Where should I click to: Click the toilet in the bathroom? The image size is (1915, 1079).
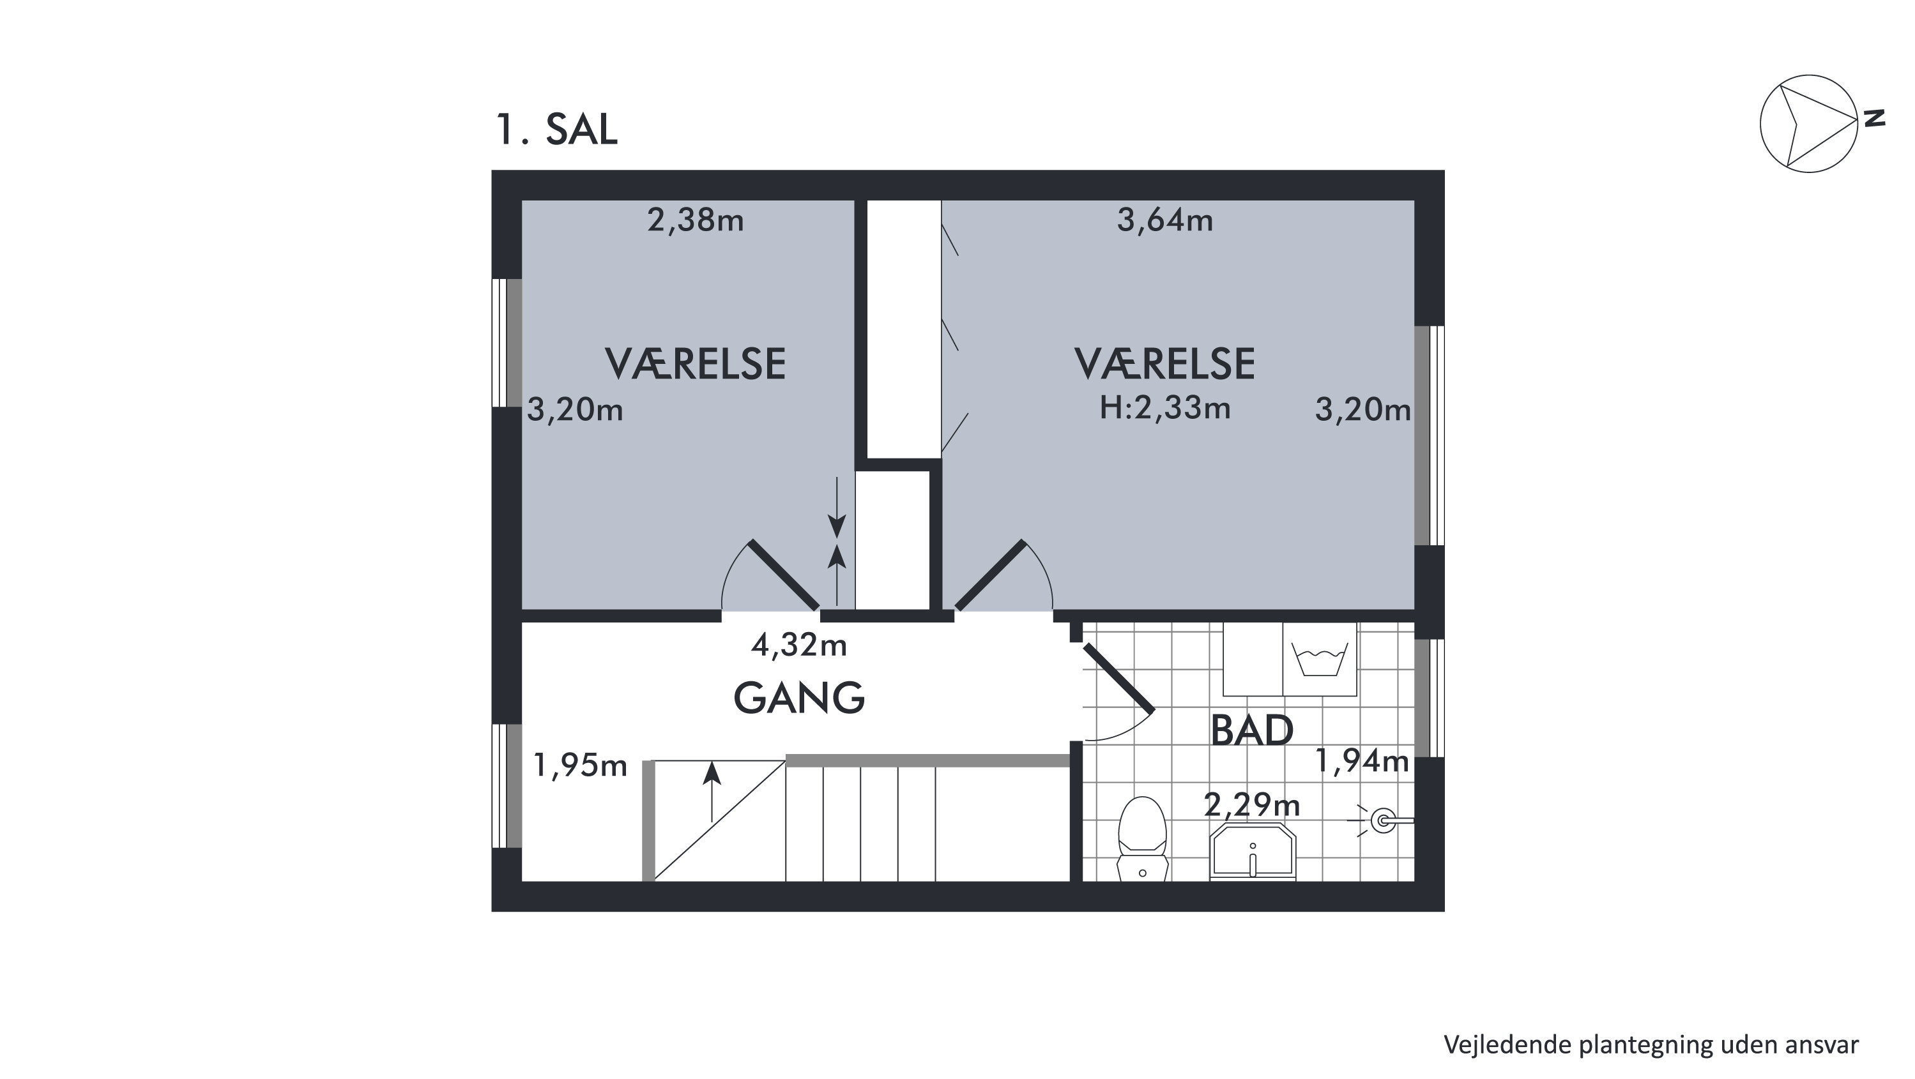point(1143,838)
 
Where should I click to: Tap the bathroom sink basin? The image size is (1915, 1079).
point(1253,851)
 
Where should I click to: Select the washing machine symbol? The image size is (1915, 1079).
point(1320,659)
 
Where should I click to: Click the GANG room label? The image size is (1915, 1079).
point(799,698)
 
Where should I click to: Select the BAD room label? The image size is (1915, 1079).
point(1252,730)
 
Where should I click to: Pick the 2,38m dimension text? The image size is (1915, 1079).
point(695,221)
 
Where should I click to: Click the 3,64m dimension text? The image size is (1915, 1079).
point(1165,221)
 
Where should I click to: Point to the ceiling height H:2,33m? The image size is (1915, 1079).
point(1165,408)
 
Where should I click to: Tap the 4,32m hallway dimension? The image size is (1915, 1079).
point(799,645)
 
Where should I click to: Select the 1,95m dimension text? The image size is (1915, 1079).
point(581,765)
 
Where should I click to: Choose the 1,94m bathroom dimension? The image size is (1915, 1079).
point(1362,760)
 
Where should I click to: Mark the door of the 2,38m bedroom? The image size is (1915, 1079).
point(784,575)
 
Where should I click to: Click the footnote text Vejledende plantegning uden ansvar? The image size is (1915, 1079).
point(1651,1045)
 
